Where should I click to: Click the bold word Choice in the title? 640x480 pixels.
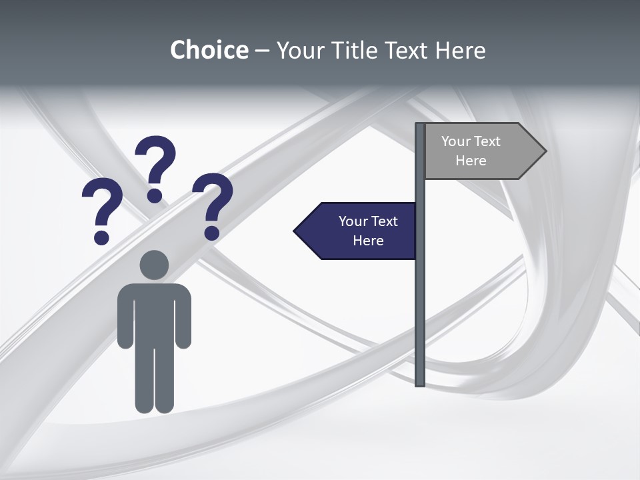click(x=209, y=50)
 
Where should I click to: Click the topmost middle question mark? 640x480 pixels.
click(x=155, y=167)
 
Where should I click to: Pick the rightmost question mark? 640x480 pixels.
click(x=213, y=204)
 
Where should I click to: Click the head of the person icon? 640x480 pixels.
click(x=154, y=265)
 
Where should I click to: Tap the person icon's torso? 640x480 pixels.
click(x=154, y=313)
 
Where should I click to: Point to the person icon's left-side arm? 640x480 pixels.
click(x=125, y=317)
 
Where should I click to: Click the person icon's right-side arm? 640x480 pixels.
click(x=183, y=317)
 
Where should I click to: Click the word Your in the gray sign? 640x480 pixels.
click(x=455, y=141)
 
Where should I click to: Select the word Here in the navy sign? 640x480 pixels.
click(x=368, y=241)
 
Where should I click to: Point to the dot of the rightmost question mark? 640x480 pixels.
click(x=212, y=233)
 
